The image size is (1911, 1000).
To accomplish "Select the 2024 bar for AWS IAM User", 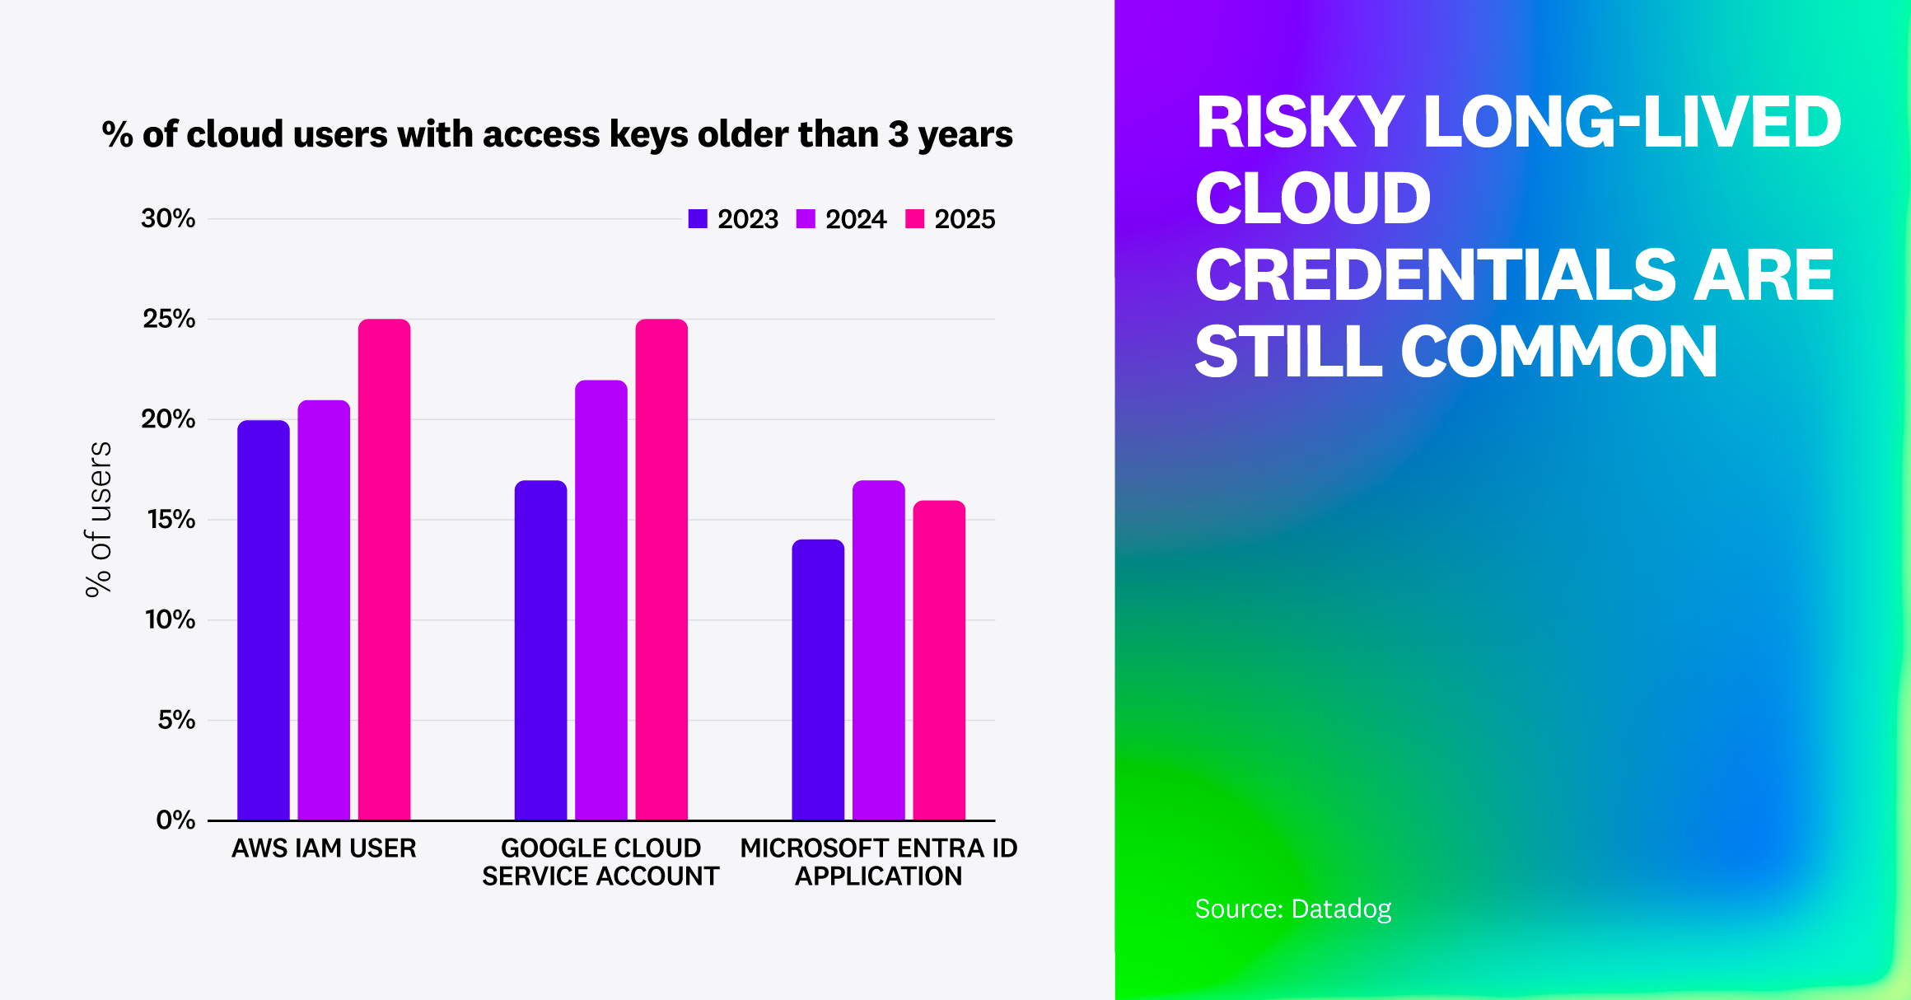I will [x=324, y=610].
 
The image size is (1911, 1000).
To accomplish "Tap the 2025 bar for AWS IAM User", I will [x=384, y=568].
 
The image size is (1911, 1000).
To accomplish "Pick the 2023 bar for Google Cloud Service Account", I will [x=540, y=650].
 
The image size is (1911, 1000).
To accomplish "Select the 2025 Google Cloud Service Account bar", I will [x=661, y=568].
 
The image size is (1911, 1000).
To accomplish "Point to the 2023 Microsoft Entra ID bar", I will [x=818, y=680].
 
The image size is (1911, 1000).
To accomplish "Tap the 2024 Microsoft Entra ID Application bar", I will [x=878, y=650].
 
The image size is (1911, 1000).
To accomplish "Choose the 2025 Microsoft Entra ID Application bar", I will [x=939, y=660].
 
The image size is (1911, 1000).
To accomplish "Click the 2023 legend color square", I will [x=698, y=219].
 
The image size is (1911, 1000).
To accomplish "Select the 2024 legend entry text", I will [x=855, y=219].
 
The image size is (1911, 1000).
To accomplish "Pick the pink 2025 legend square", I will [x=914, y=219].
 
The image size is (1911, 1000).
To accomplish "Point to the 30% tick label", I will [x=168, y=219].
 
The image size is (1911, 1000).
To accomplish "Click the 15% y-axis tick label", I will [x=171, y=520].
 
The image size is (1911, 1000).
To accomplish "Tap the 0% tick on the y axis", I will [x=175, y=820].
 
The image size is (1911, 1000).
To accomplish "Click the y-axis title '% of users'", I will [x=99, y=519].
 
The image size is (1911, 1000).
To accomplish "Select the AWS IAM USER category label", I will [x=324, y=848].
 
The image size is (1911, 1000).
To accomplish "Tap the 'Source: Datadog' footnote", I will [x=1292, y=909].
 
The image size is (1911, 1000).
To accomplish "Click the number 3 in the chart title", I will [x=898, y=134].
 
